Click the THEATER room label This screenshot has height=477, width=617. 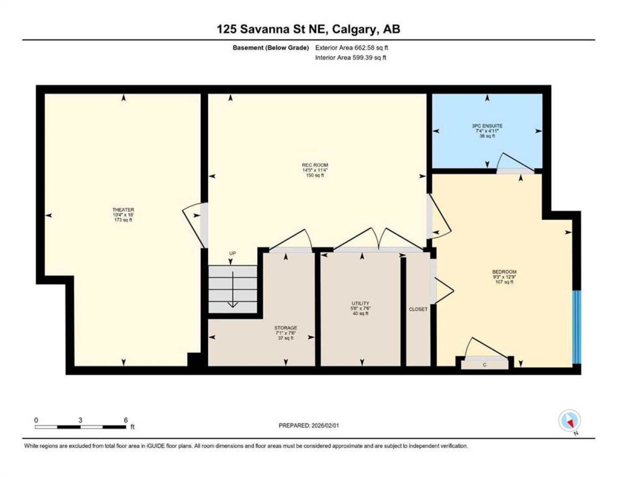coord(123,210)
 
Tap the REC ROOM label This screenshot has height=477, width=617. coord(315,165)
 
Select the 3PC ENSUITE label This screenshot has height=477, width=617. coord(487,126)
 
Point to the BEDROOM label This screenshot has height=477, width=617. coord(504,272)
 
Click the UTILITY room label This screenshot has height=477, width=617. coord(360,303)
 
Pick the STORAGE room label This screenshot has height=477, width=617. coord(286,328)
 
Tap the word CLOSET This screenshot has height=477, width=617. coord(418,309)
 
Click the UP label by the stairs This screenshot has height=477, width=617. coord(232,253)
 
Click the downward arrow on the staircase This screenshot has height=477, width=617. coord(233,289)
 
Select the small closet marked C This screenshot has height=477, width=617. coord(484,365)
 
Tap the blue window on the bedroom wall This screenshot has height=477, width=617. coord(577,327)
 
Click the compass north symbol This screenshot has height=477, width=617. coord(570,420)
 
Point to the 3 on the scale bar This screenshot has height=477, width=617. coord(80,420)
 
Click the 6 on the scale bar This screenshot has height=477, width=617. coord(126,420)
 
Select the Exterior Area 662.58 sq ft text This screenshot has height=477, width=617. coord(351,48)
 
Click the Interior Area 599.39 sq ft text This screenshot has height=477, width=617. coord(350,57)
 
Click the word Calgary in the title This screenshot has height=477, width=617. coord(354,30)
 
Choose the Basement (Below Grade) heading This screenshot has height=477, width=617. coord(270,48)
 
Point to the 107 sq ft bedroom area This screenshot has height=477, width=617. coord(504,282)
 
